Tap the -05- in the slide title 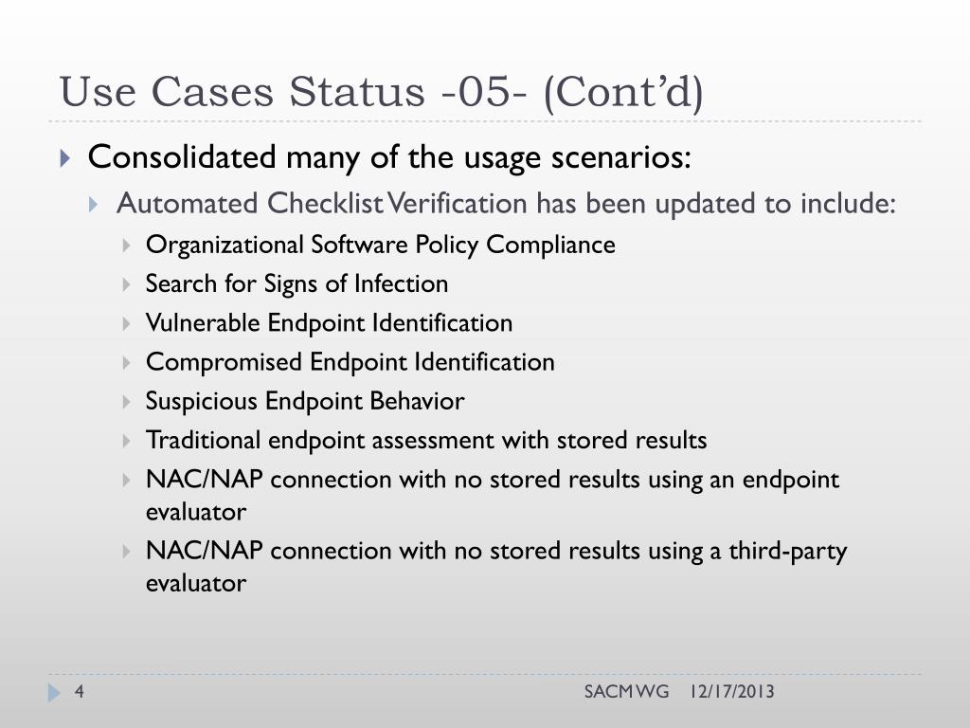pyautogui.click(x=478, y=93)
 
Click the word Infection pyautogui.click(x=401, y=283)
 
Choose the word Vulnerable pyautogui.click(x=203, y=323)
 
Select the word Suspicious pyautogui.click(x=201, y=401)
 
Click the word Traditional pyautogui.click(x=203, y=440)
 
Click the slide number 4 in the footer pyautogui.click(x=80, y=693)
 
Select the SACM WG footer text pyautogui.click(x=626, y=692)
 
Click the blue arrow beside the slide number pyautogui.click(x=54, y=694)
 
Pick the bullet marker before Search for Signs pyautogui.click(x=128, y=284)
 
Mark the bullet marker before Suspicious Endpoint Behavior pyautogui.click(x=128, y=402)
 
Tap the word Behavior pyautogui.click(x=423, y=401)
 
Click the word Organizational pyautogui.click(x=225, y=245)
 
